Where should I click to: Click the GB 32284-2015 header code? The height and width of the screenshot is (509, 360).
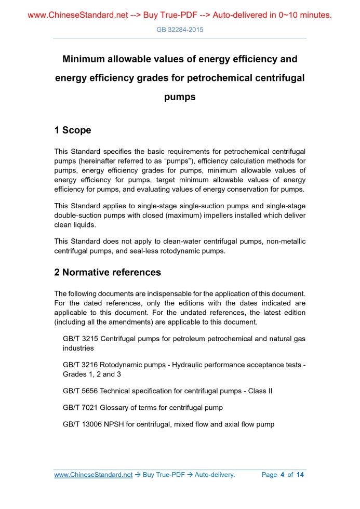click(x=180, y=30)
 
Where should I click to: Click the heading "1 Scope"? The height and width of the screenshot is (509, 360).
click(x=73, y=130)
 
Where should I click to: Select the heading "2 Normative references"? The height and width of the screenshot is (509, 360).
click(x=108, y=272)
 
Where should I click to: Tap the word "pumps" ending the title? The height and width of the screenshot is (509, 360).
click(x=180, y=97)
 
